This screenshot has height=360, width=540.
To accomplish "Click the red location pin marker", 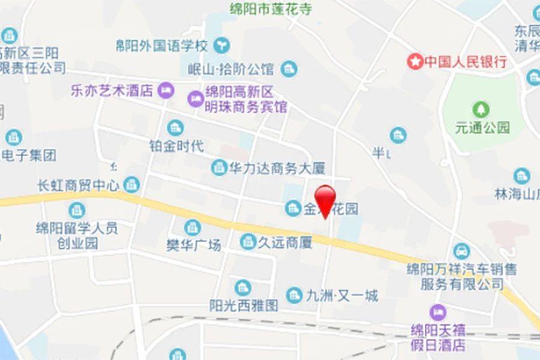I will coord(326,200).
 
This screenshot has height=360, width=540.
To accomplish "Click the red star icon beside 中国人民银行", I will coord(415,61).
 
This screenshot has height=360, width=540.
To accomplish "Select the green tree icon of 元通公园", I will coord(481,110).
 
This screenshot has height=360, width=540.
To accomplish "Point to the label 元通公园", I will coord(482,127).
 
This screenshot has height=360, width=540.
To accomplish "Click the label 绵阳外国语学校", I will coord(162,45).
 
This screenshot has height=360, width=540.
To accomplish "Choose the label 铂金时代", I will coord(176,145).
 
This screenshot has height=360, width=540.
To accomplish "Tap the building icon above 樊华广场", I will coord(193,227).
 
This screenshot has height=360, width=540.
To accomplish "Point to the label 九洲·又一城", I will coord(342,295).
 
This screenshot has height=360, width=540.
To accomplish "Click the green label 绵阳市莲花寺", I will coord(271,9).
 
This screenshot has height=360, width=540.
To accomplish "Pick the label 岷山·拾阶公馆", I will coord(239,69).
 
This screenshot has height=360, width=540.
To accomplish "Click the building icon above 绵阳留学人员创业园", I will coord(77,211).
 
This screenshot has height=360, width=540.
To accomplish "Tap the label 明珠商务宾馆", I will coord(245,107).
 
